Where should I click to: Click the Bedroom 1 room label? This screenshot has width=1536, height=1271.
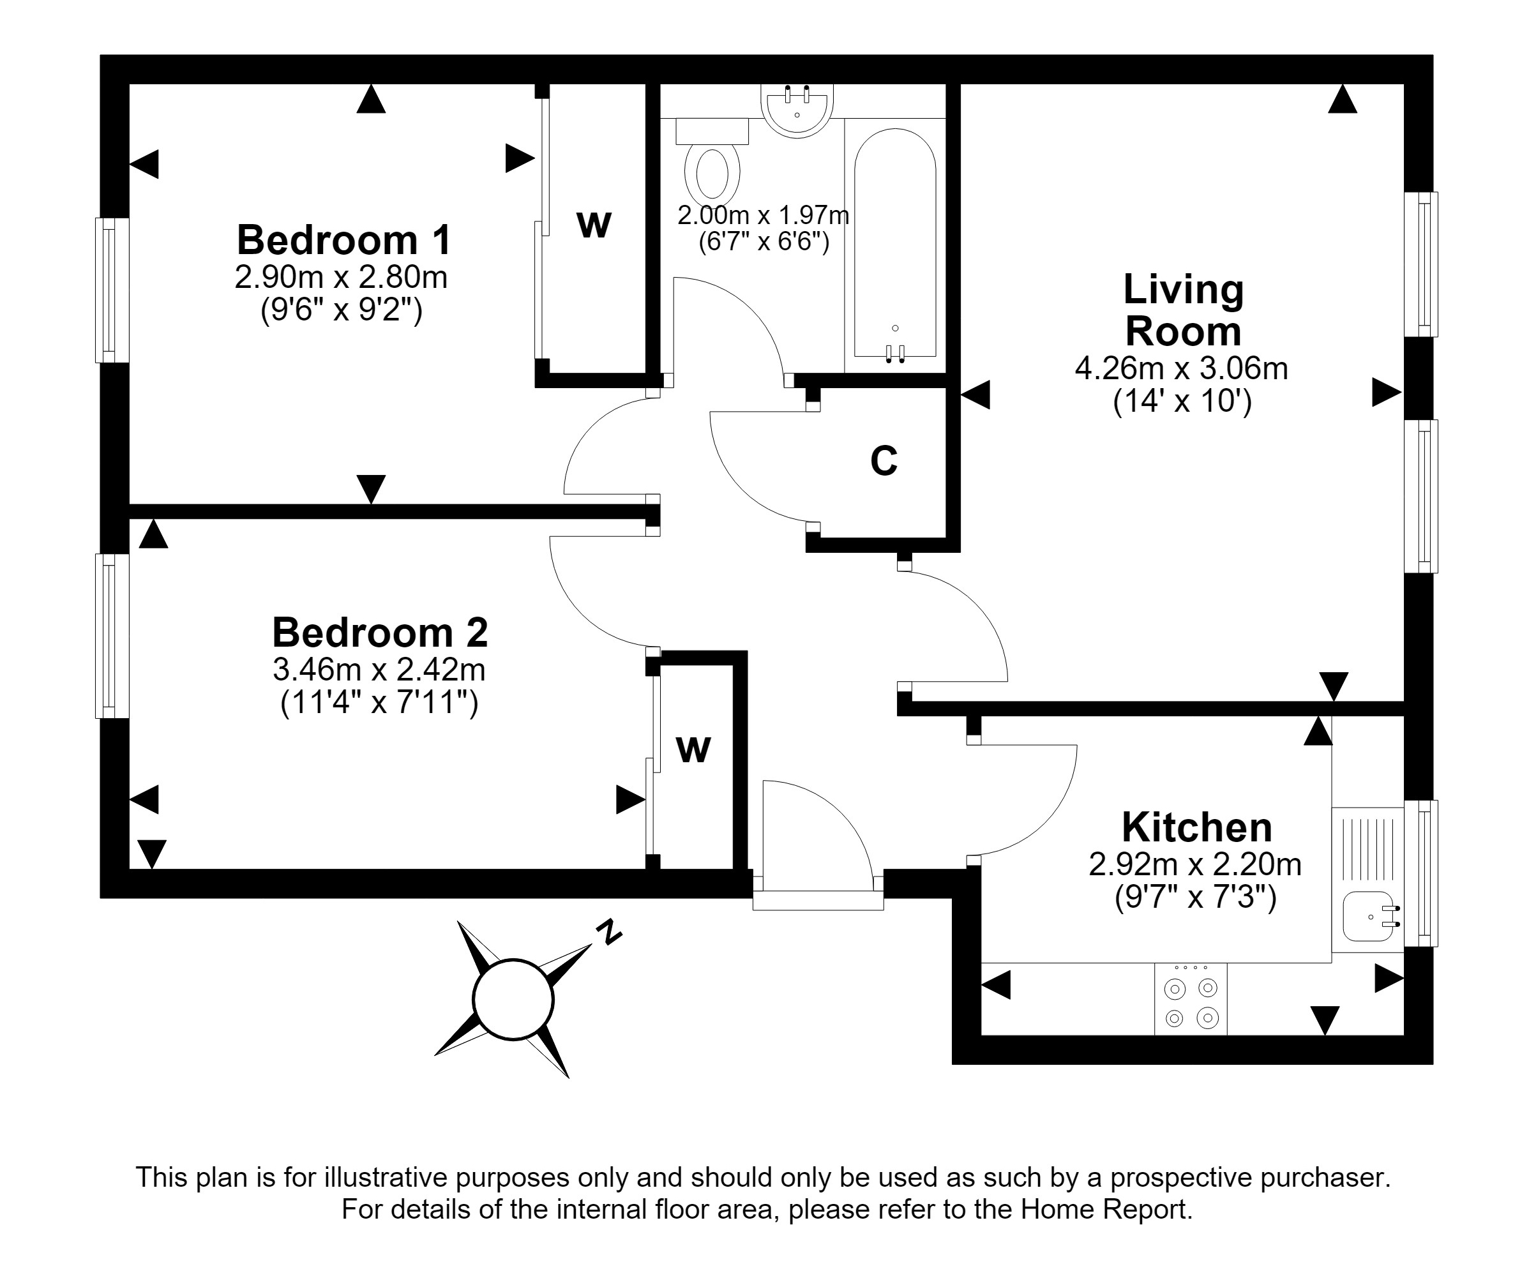(343, 240)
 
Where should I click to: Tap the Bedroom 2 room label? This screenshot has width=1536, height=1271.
(380, 633)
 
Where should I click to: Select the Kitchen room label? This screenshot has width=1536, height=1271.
(1196, 828)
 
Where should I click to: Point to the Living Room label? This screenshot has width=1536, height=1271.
(1184, 310)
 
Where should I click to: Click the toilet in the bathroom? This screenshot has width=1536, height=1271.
(712, 162)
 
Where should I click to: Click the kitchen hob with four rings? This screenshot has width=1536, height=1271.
(1191, 999)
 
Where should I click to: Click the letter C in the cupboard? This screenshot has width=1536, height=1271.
(884, 461)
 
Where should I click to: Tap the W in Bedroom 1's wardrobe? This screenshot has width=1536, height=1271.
(593, 225)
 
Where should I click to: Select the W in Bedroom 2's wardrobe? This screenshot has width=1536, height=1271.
(693, 749)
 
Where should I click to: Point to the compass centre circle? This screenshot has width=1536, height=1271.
(513, 999)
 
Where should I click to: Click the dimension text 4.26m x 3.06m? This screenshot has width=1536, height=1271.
(1181, 368)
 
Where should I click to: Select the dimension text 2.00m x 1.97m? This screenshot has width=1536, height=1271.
(763, 215)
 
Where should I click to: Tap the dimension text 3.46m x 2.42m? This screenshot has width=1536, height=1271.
(379, 669)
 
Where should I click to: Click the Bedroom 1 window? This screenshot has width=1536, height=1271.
(112, 290)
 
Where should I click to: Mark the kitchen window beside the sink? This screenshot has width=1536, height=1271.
(1421, 873)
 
